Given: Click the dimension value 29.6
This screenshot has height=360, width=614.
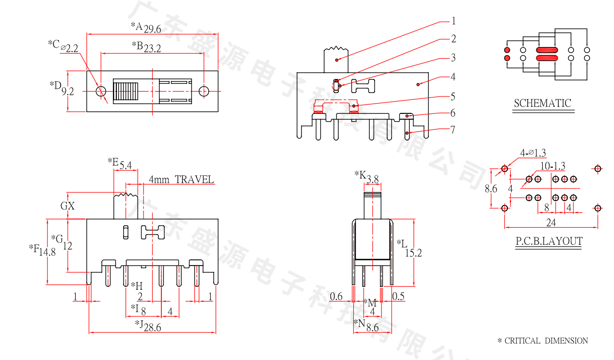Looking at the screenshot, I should (152, 29).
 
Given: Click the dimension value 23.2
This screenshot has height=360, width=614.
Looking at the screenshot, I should (152, 48).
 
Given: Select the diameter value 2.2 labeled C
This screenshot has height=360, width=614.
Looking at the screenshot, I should (72, 48).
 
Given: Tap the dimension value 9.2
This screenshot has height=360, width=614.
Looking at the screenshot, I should (67, 91).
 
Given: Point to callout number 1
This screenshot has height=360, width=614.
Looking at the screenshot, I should (454, 21).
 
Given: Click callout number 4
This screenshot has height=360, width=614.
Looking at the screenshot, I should (453, 77).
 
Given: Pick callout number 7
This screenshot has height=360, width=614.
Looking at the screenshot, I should (453, 129).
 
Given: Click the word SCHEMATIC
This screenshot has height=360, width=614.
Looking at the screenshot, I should (542, 103).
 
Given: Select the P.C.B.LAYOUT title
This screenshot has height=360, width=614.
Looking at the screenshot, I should (549, 241).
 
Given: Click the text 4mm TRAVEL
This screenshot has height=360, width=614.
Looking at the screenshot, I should (181, 180).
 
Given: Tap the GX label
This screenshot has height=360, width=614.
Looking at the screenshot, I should (68, 205).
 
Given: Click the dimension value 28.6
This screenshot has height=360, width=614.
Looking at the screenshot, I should (152, 328).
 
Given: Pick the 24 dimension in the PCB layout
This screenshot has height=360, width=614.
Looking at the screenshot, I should (551, 223).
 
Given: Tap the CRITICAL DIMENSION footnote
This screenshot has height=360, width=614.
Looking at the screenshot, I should (543, 341).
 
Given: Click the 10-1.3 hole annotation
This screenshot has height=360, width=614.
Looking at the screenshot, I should (552, 166).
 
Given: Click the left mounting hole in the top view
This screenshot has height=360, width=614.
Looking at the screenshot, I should (101, 91).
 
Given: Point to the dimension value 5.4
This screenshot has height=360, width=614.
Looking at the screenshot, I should (126, 165).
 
